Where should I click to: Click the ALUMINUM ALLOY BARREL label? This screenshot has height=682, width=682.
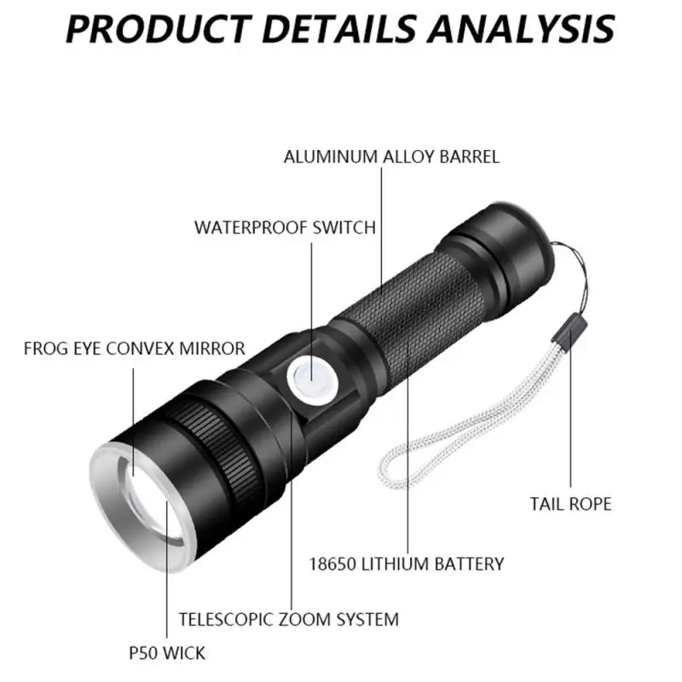pyautogui.click(x=391, y=157)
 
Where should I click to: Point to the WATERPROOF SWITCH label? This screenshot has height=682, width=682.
pyautogui.click(x=285, y=228)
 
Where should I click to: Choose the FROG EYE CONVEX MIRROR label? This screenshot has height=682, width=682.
pyautogui.click(x=135, y=348)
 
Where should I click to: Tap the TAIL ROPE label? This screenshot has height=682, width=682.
pyautogui.click(x=570, y=504)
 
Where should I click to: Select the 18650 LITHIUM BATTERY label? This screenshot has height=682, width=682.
pyautogui.click(x=406, y=564)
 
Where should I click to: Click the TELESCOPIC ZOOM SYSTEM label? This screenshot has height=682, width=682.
pyautogui.click(x=288, y=619)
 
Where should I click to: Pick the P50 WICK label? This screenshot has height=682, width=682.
pyautogui.click(x=166, y=654)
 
